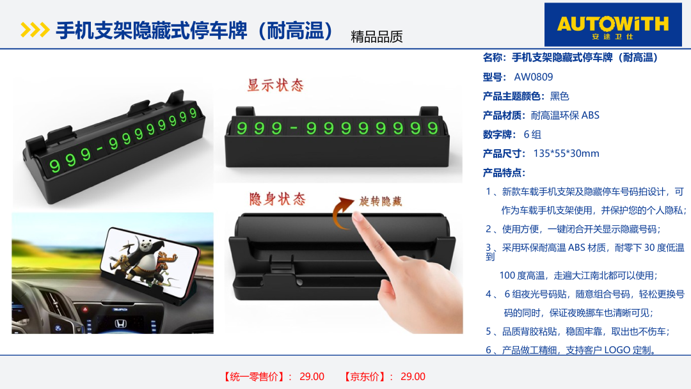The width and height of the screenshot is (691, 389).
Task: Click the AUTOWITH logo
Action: pos(612,25)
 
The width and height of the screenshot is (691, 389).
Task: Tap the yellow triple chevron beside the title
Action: pos(35,30)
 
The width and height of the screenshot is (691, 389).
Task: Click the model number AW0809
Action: pos(533,77)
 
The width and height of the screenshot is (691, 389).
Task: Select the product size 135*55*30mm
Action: pos(566,154)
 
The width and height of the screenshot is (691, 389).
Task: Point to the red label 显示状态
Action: pos(276,85)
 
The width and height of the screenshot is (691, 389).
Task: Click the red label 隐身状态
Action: pos(278,199)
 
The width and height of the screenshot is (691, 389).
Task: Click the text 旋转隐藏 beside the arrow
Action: pos(380,202)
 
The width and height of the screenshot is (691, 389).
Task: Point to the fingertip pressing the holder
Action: pos(358,217)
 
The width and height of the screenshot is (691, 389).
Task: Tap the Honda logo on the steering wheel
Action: pos(120,324)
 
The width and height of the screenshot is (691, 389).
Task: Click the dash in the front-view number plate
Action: pos(294,129)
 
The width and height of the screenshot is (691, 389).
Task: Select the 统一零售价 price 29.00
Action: pos(312,377)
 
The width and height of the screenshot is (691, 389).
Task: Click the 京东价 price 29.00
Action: pos(413,377)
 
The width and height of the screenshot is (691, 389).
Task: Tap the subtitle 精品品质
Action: pos(377,36)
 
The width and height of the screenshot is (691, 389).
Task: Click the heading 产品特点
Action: pos(504,173)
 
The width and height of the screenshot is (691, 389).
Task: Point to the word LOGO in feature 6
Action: pos(617,350)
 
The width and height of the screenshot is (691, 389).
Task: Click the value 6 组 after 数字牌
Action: pos(532,134)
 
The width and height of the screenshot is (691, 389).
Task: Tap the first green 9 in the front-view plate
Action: pos(242,128)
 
